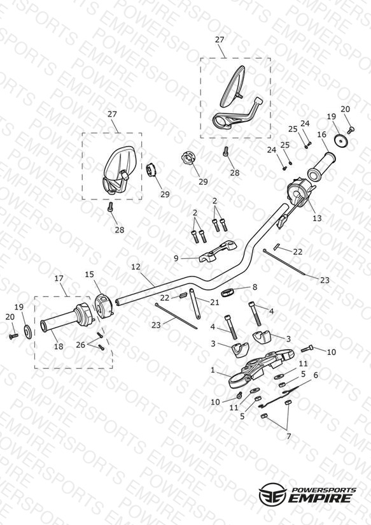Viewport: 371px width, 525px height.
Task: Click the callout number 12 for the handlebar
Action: (136, 267)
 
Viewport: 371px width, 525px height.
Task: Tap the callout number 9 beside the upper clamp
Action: (176, 258)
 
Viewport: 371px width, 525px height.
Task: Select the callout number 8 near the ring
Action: (255, 287)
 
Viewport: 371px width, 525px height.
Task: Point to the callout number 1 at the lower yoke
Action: (213, 370)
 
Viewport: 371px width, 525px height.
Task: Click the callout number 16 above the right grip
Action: (321, 134)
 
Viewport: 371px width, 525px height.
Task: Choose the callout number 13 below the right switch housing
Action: (317, 218)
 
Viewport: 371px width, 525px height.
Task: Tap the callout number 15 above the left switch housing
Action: (89, 275)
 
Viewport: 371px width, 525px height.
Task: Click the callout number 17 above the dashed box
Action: (59, 278)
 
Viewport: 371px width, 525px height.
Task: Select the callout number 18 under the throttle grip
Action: (59, 346)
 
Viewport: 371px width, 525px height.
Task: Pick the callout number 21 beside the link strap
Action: (214, 303)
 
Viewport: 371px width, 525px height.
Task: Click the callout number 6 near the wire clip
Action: (316, 375)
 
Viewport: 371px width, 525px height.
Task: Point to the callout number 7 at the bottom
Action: (288, 436)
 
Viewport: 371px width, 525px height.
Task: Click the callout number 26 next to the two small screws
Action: (80, 345)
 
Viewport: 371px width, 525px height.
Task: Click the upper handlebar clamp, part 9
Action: (218, 252)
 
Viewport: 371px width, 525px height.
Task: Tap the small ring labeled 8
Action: (227, 292)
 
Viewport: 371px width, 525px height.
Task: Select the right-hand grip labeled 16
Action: (321, 166)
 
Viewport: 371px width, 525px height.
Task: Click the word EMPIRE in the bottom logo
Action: (321, 498)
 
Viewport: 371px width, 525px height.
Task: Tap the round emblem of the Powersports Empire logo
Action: (272, 493)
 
